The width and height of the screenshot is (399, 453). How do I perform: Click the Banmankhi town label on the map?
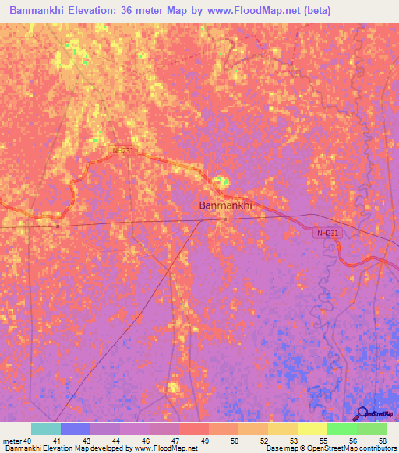pyautogui.click(x=225, y=205)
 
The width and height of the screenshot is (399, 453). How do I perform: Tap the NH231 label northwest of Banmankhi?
pyautogui.click(x=123, y=150)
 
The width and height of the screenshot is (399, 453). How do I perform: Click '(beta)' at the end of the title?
pyautogui.click(x=320, y=11)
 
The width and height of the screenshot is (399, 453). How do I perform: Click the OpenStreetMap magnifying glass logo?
pyautogui.click(x=362, y=414)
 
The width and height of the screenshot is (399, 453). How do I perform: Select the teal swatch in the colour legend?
pyautogui.click(x=46, y=429)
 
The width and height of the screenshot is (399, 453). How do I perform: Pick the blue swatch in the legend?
pyautogui.click(x=76, y=429)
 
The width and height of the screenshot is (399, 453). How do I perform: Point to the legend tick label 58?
pyautogui.click(x=382, y=441)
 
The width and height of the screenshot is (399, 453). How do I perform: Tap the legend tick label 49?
pyautogui.click(x=206, y=441)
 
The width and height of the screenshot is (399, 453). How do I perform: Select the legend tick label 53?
pyautogui.click(x=294, y=441)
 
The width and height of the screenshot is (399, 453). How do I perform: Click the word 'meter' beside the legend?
pyautogui.click(x=12, y=441)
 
